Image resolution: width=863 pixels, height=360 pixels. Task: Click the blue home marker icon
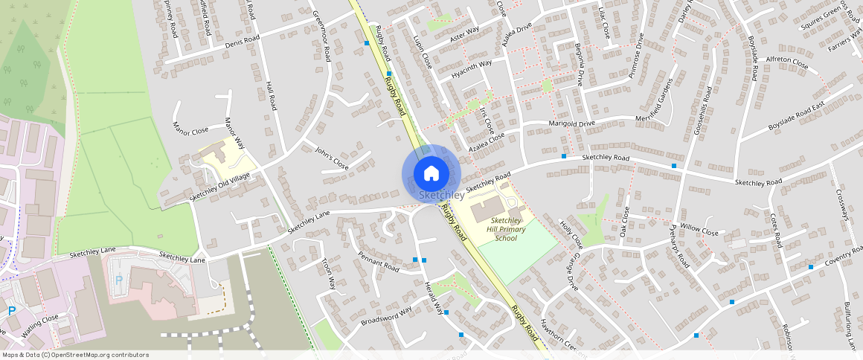[431, 173]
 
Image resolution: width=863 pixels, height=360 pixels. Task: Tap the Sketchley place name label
[441, 195]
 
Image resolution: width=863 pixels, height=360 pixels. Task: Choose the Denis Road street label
[242, 42]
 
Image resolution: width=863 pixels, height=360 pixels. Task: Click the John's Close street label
[331, 158]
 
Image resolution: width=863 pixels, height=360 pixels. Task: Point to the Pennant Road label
[378, 261]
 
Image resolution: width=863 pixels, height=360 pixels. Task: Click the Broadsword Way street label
[386, 316]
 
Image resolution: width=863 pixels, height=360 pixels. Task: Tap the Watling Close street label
[40, 327]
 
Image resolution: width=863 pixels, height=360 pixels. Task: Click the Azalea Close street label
[487, 143]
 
